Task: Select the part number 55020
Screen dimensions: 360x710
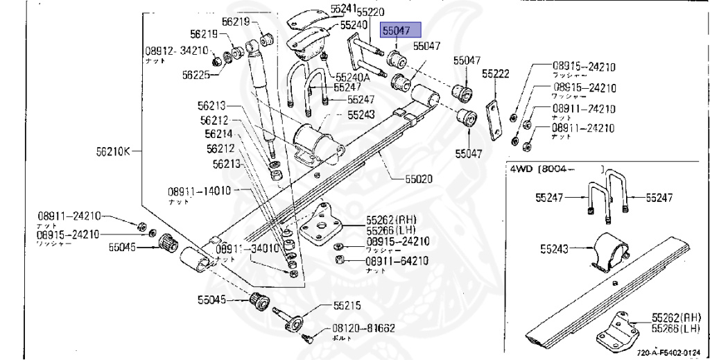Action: click(x=419, y=178)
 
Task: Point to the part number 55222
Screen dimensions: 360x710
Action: click(x=496, y=74)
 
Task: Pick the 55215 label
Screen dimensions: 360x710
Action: click(x=347, y=305)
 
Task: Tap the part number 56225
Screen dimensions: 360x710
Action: click(x=196, y=75)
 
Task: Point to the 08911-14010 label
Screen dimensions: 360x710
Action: click(x=199, y=191)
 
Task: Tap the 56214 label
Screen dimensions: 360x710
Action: click(x=218, y=134)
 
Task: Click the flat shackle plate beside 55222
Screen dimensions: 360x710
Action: click(x=494, y=120)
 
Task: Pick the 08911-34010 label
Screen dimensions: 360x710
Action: click(x=246, y=248)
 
